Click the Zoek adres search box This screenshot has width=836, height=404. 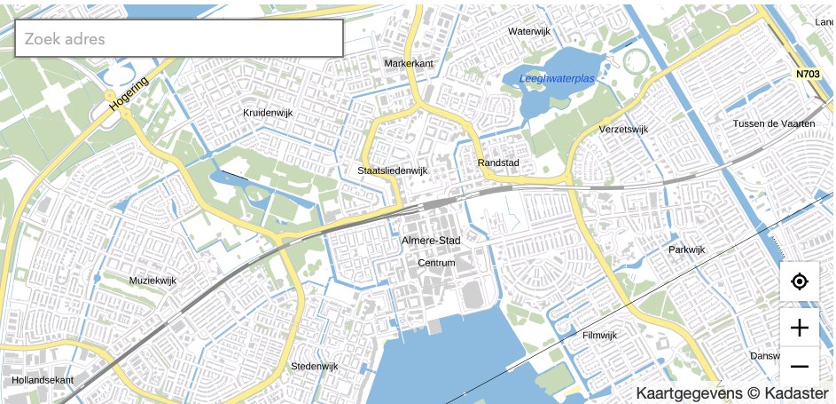click(x=179, y=38)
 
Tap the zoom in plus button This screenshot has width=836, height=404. click(x=799, y=328)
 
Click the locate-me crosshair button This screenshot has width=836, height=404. click(x=799, y=282)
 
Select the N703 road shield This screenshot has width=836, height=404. click(x=808, y=75)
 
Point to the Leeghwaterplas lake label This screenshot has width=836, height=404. click(x=557, y=79)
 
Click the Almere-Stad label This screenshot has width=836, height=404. click(x=431, y=241)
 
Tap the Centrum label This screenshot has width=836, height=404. click(x=436, y=263)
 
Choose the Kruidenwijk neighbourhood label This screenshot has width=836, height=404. click(x=268, y=113)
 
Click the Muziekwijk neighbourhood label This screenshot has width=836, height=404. click(x=152, y=281)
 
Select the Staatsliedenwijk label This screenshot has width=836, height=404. click(x=393, y=170)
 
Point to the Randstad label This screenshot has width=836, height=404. click(x=497, y=163)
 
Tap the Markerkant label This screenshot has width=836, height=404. click(x=409, y=64)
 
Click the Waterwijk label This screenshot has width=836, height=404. click(x=529, y=31)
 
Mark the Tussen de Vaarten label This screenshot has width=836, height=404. click(x=773, y=123)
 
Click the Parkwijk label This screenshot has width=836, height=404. click(x=686, y=250)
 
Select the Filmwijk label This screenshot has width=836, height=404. click(x=599, y=335)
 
